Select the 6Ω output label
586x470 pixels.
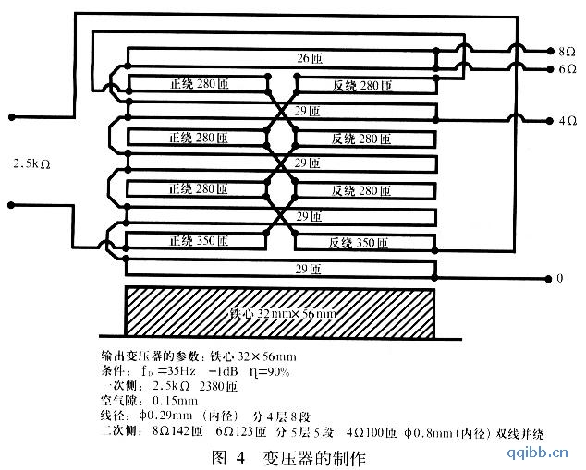[x=567, y=69]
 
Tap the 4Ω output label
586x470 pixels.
[x=567, y=120]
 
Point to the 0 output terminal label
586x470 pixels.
[x=558, y=278]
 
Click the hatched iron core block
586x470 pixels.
[x=280, y=312]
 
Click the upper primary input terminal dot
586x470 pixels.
[x=11, y=117]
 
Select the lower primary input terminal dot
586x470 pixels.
[x=11, y=205]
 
